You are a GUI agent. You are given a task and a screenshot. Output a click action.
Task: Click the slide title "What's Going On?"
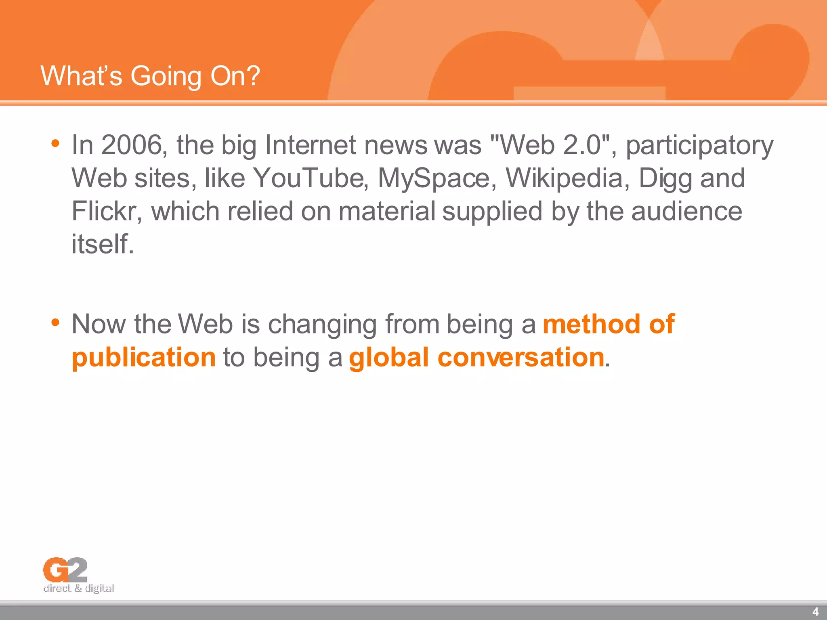coord(150,76)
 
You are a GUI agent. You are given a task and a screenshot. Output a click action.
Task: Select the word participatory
coord(699,146)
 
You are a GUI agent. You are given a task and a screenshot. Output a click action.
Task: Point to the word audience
coord(686,211)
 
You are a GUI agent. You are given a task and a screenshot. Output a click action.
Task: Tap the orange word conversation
coord(521,357)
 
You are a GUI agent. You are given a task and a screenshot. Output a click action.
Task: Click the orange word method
coord(592,324)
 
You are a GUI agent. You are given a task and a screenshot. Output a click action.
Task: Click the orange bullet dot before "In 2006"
coord(55,143)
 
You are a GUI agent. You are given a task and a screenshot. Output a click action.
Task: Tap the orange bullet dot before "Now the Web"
coord(55,323)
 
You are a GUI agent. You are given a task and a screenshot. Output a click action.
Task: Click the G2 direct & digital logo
coord(78,575)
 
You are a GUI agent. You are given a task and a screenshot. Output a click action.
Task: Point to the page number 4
coord(815,612)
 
